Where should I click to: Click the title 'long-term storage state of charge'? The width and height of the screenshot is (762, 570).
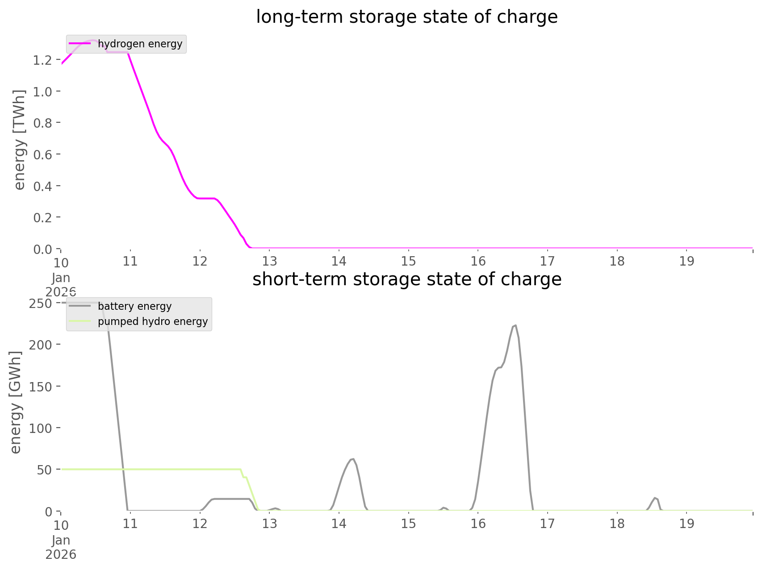pos(406,17)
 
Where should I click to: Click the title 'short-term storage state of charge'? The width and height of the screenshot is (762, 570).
pos(406,279)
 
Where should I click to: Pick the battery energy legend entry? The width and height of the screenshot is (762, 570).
pos(134,306)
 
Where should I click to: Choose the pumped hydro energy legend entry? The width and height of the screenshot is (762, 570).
pos(152,321)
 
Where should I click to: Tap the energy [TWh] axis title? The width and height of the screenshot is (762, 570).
pos(20,140)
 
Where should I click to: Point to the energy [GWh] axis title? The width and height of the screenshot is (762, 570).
pos(15,402)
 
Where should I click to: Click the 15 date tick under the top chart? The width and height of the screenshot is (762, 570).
pos(408,261)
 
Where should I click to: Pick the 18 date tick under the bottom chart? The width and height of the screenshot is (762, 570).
pos(617,524)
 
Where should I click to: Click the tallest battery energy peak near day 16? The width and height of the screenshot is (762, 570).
pos(515,325)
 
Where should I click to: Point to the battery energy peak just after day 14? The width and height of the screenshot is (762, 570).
pos(352,459)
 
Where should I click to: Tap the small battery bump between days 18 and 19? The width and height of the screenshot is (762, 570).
pos(655,498)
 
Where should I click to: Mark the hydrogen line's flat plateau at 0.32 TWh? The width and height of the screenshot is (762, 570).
pos(205,198)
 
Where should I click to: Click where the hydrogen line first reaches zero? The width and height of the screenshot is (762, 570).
pos(250,247)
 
